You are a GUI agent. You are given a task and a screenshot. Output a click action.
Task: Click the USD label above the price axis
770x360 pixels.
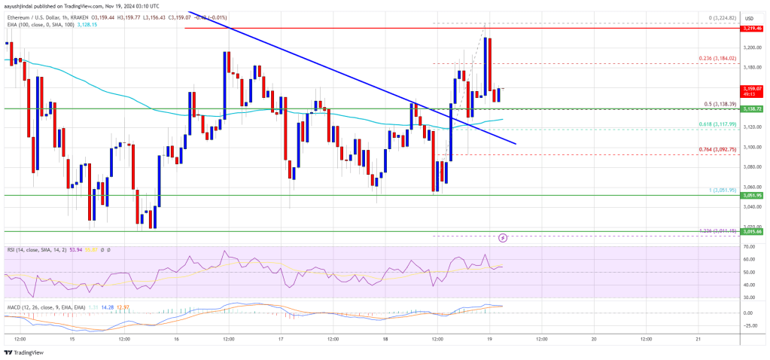pos(749,18)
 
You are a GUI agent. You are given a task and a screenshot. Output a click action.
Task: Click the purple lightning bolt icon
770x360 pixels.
pos(502,237)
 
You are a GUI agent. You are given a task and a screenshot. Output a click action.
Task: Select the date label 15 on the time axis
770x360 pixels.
pos(71,340)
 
